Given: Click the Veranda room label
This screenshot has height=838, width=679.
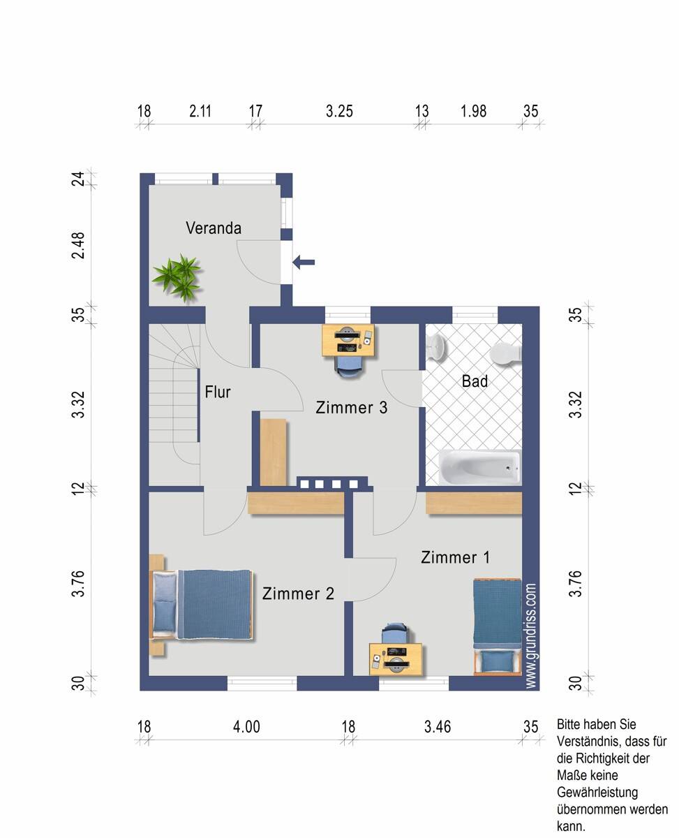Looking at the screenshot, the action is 214,228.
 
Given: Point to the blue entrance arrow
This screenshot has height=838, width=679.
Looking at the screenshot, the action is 304,262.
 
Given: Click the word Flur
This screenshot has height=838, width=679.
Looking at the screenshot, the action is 218,392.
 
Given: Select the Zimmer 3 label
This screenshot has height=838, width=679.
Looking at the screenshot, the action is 352,408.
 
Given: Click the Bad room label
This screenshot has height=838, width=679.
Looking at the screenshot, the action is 475,381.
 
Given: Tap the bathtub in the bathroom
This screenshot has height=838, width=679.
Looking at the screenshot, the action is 479,467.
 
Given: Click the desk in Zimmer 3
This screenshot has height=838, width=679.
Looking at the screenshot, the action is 348,341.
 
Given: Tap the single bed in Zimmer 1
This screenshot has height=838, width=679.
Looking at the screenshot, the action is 498,627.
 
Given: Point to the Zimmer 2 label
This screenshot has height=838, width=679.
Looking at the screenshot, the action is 298,594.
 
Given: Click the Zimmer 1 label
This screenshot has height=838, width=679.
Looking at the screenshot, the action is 455,557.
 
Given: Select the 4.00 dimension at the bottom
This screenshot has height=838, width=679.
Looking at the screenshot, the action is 246,726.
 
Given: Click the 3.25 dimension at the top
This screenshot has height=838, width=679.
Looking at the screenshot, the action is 339,111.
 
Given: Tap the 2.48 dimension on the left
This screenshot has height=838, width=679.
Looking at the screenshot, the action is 78,246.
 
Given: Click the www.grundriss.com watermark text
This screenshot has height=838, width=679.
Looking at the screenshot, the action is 530,635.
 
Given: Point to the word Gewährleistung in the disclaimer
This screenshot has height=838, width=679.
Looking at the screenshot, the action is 597,793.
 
